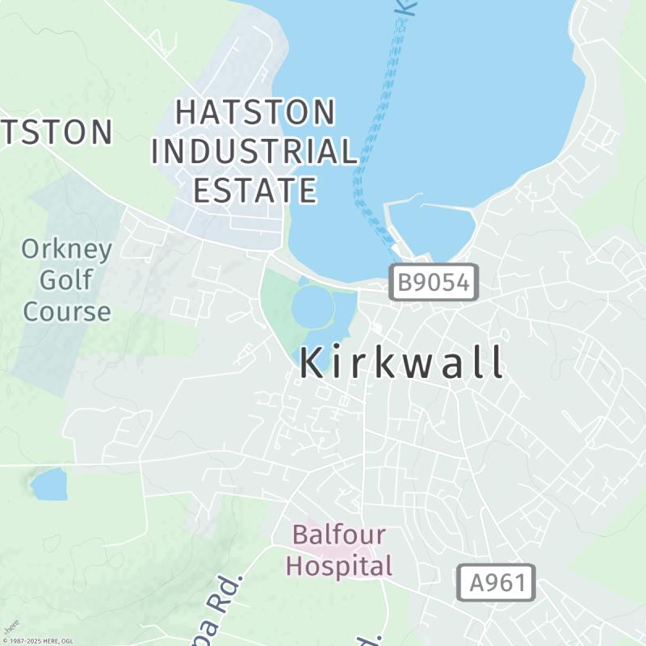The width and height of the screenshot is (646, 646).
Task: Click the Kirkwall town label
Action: pos(402,363)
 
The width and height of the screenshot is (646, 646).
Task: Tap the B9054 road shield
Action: pos(434,283)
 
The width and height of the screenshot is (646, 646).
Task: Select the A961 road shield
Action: pos(497,582)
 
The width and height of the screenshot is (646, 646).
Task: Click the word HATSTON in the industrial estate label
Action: pos(255,112)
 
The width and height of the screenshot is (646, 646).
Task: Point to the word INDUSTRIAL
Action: pos(255,151)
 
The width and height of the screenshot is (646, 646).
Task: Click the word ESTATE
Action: pos(255,191)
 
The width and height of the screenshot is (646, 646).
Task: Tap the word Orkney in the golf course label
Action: pos(66,249)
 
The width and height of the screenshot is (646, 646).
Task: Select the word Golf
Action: pos(66,280)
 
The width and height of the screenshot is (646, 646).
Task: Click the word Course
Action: pos(66,312)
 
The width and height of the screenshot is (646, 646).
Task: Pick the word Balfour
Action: pos(339,535)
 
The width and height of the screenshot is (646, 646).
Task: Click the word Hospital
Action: pos(339,565)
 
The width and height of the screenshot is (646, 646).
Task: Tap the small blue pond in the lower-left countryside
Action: pos(49,484)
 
